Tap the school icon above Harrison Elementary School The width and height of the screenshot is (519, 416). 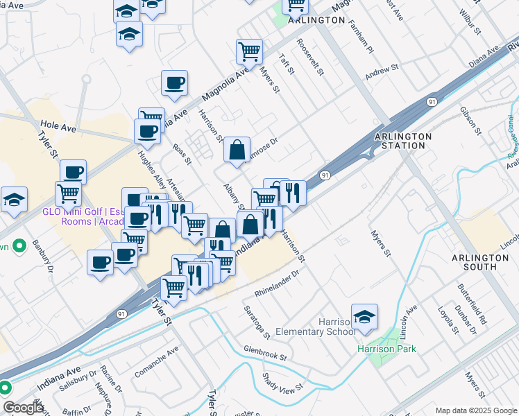(364, 317)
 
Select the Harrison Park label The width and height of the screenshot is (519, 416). (386, 349)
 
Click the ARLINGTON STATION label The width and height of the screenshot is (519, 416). (403, 141)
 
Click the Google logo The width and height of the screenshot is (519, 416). (23, 408)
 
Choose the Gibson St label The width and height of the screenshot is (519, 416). (470, 121)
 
